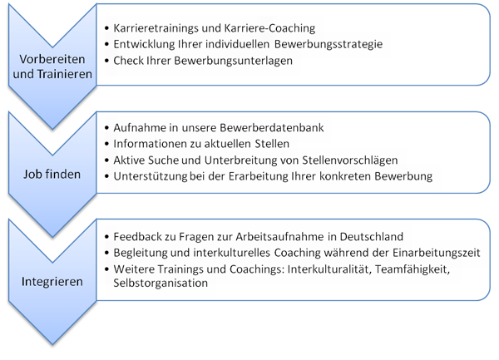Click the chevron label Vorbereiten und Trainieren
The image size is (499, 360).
(x=52, y=67)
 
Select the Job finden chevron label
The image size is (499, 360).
(x=52, y=175)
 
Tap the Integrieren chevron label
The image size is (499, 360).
(x=52, y=282)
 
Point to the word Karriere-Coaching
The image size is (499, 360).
(x=269, y=28)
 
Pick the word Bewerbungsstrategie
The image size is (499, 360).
(x=329, y=44)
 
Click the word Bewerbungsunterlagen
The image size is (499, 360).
(x=233, y=61)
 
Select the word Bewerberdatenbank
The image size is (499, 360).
(x=272, y=127)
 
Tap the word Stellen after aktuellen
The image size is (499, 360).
(x=272, y=144)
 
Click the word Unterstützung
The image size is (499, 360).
(x=151, y=176)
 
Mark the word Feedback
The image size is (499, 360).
(x=138, y=237)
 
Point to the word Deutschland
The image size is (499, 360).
(x=372, y=237)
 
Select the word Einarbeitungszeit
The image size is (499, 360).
(x=436, y=253)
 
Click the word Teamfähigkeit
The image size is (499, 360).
(x=413, y=269)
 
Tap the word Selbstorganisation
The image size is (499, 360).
(x=161, y=283)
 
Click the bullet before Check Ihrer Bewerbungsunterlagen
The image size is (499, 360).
(x=106, y=61)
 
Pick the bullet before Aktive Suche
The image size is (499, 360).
(x=106, y=160)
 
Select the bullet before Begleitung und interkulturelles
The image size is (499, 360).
(x=106, y=253)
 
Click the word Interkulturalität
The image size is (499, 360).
(x=329, y=269)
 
